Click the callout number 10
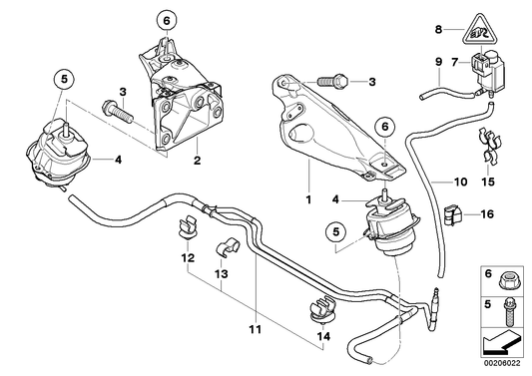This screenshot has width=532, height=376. point(460,183)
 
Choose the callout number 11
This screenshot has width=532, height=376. point(256,330)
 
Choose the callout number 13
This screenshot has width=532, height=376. point(221,272)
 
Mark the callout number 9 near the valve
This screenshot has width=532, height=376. point(437,63)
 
